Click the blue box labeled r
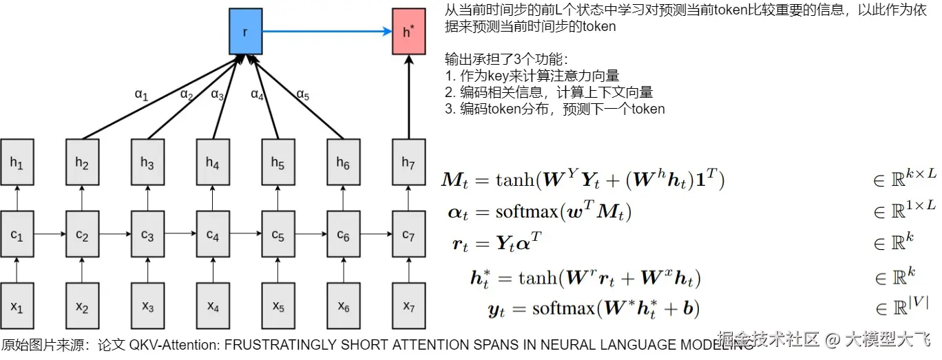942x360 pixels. click(x=245, y=32)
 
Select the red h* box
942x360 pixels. click(x=408, y=32)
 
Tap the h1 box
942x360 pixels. click(x=17, y=162)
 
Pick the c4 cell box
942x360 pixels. click(x=213, y=235)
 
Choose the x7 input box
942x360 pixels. click(x=408, y=305)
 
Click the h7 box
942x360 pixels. click(x=408, y=162)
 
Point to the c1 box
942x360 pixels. click(x=17, y=235)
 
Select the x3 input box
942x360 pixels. click(x=147, y=305)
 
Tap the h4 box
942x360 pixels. click(x=213, y=162)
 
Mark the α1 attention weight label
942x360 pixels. click(x=141, y=95)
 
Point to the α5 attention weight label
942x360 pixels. click(x=302, y=94)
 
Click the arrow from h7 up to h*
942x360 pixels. click(x=408, y=96)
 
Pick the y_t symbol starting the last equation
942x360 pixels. click(x=496, y=310)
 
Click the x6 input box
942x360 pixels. click(x=343, y=305)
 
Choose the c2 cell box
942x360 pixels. click(x=82, y=235)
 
